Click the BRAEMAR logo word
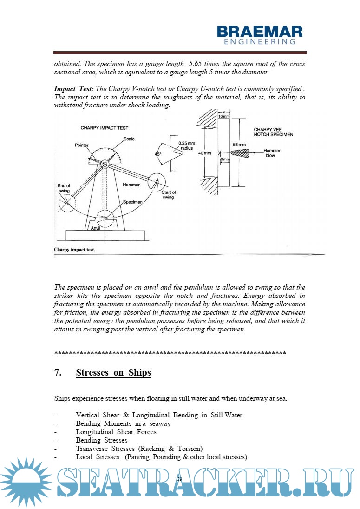click(260, 32)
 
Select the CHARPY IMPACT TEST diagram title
click(105, 128)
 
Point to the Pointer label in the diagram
click(82, 145)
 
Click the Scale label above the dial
click(129, 139)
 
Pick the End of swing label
click(64, 188)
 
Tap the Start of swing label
click(168, 195)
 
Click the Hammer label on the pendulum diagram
click(131, 185)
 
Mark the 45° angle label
click(158, 154)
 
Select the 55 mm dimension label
click(239, 145)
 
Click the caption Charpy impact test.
click(75, 250)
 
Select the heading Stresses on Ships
click(113, 373)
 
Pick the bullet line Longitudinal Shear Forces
click(116, 432)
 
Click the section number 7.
click(57, 373)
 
